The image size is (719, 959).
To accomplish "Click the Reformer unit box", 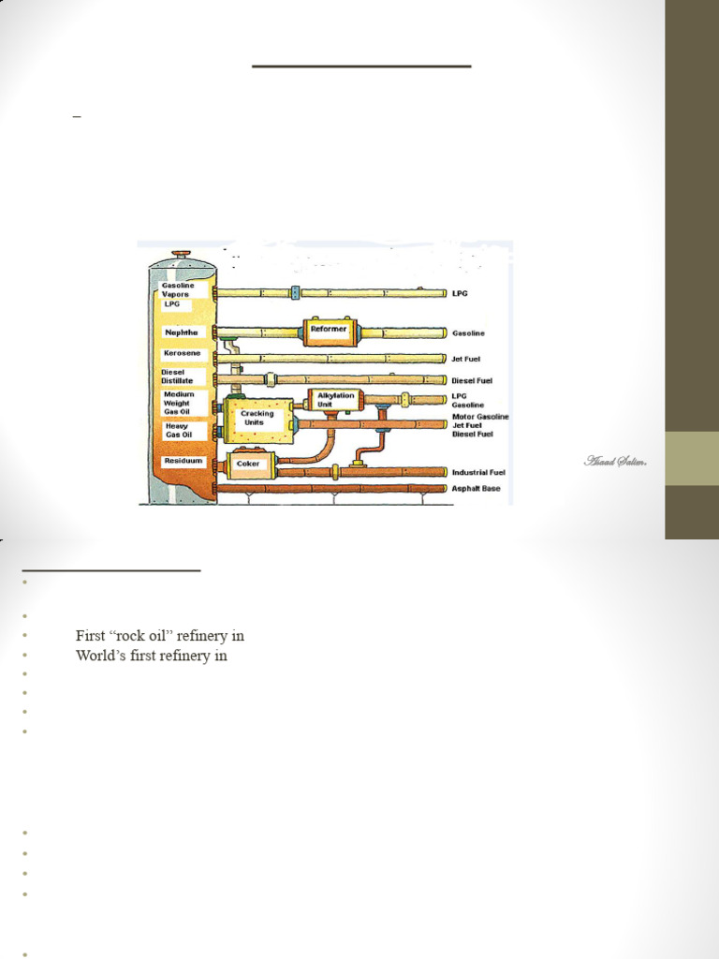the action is tap(329, 330).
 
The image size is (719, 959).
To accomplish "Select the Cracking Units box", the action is tap(257, 419).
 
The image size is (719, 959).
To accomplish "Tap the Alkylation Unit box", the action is tap(335, 400).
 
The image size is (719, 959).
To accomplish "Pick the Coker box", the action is tap(248, 463).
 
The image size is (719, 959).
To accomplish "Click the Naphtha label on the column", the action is tap(181, 332).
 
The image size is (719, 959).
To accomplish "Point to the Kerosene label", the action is tap(181, 354).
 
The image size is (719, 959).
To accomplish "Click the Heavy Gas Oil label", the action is tap(179, 431).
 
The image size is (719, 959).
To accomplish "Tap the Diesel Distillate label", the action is tap(178, 376).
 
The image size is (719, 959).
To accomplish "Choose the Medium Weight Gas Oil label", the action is tap(179, 404).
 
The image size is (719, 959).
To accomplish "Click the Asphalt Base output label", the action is tap(477, 489).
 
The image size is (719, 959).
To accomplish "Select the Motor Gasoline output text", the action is tap(480, 416).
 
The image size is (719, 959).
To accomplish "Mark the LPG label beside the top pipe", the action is tap(461, 294).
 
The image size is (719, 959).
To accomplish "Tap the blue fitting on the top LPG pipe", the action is tap(296, 293).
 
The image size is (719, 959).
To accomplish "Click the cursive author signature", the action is tap(609, 461).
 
